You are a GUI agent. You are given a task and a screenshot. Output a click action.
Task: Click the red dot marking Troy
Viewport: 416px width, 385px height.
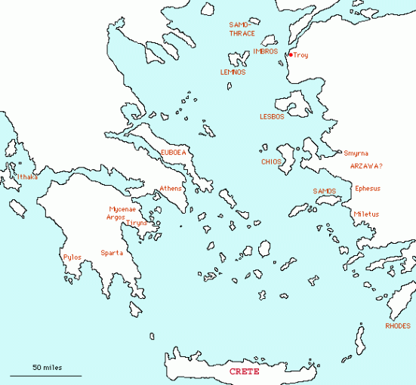291,54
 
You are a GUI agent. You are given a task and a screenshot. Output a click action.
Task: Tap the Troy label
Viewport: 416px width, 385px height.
300,55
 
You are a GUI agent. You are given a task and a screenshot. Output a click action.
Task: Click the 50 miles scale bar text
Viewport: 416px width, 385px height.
46,367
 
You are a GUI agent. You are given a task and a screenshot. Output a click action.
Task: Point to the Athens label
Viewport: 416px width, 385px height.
171,189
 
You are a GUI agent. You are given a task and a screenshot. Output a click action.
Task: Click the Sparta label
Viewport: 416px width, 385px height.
112,253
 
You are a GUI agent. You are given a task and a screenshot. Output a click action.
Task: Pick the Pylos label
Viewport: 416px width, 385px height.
72,257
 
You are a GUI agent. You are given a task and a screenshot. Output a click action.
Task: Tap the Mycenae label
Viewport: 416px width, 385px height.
122,208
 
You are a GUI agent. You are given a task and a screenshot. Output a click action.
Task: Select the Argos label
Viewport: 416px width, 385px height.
116,217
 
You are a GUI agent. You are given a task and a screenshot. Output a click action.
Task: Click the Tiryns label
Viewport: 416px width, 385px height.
137,223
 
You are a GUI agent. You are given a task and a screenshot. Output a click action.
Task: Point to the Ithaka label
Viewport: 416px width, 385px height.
27,177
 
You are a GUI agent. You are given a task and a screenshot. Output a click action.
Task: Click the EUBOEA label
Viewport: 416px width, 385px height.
173,152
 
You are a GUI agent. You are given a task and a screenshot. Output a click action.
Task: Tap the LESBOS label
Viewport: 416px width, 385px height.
272,117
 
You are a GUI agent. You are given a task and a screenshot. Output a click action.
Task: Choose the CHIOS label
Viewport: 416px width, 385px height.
271,162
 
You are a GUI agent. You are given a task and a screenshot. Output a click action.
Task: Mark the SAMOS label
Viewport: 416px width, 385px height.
324,192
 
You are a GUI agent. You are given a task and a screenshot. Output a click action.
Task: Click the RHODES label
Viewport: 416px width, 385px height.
398,326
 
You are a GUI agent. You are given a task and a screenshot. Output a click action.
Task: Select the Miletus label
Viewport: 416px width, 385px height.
366,214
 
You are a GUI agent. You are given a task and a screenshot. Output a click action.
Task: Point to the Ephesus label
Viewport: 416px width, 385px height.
368,189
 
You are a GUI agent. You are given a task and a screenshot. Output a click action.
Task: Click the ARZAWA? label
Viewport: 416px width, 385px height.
366,165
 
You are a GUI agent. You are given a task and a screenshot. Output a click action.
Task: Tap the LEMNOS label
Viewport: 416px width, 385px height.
233,72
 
